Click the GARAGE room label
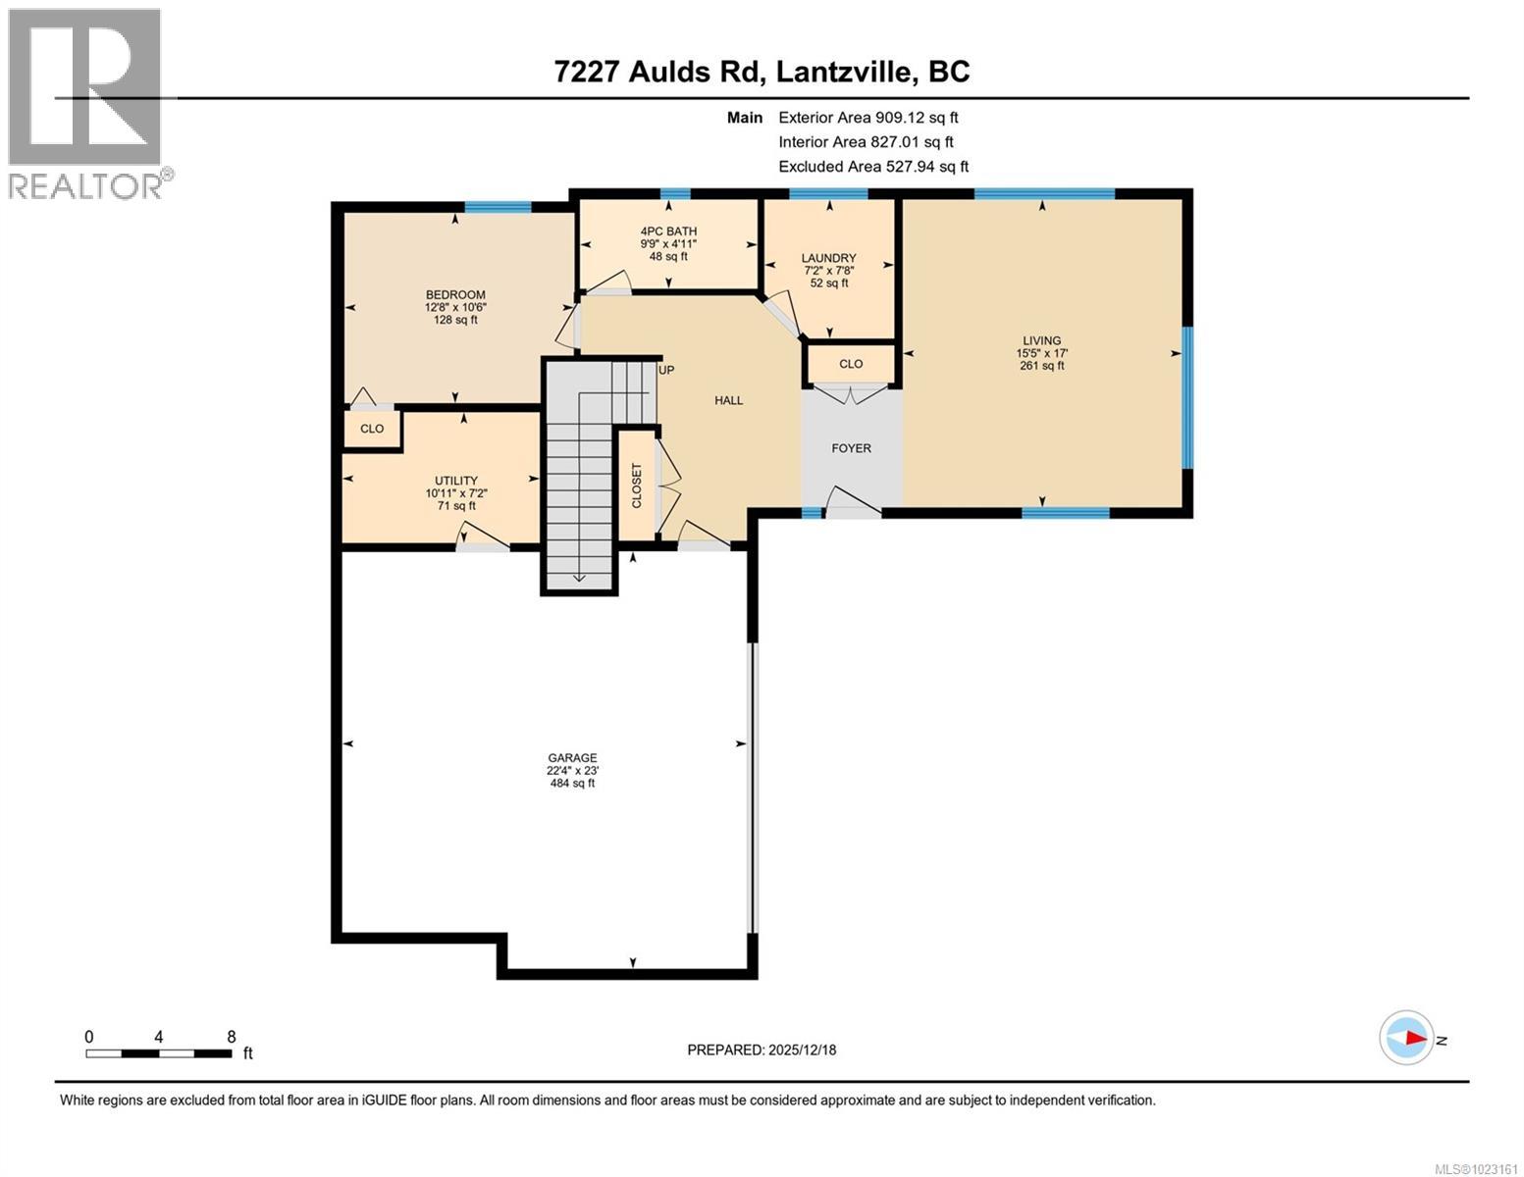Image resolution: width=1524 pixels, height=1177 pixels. coord(572,757)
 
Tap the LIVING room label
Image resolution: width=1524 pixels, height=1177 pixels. coord(1041,341)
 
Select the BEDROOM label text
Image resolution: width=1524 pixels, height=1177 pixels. coord(455,295)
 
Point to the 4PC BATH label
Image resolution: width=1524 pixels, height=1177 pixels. coord(668,231)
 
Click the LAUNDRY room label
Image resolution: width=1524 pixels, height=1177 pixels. coord(829,259)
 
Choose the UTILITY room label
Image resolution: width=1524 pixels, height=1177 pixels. coord(456,481)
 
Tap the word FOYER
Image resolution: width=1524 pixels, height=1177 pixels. coord(851,448)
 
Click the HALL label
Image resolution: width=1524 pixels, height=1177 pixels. coord(728,400)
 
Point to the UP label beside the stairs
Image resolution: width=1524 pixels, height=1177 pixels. coord(666,370)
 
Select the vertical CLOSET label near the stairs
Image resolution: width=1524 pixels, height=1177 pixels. coord(636,485)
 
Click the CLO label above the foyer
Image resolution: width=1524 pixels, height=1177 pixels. coord(851,364)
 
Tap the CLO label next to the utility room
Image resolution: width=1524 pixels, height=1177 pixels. coord(372,429)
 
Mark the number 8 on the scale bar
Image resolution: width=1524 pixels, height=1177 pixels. coord(232,1037)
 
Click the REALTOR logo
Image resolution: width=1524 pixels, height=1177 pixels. coord(86,101)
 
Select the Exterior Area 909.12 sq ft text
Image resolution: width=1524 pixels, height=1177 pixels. coord(867,118)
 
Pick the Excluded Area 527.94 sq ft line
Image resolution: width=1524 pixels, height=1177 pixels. coord(873,167)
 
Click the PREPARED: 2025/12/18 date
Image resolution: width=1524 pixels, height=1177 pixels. coord(762,1049)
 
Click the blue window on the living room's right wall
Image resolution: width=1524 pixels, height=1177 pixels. coord(1186,397)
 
